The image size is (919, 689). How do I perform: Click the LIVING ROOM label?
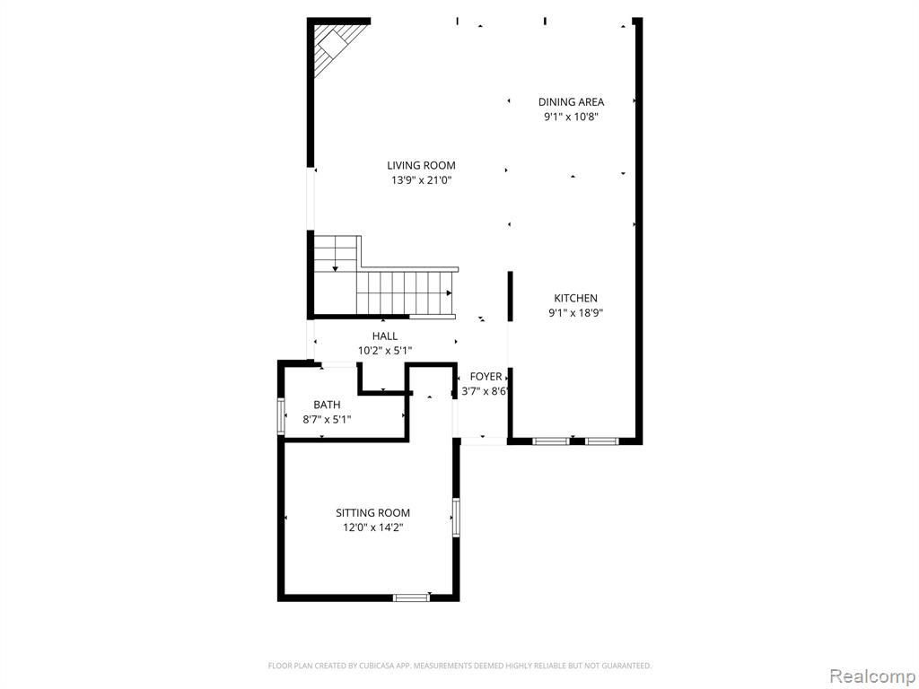pyautogui.click(x=421, y=166)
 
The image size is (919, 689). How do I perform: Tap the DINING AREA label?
pyautogui.click(x=571, y=102)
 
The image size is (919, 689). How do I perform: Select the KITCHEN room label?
pyautogui.click(x=575, y=298)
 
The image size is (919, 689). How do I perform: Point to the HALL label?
pyautogui.click(x=384, y=336)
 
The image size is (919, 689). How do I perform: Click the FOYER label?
pyautogui.click(x=486, y=377)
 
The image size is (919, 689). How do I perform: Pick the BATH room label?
pyautogui.click(x=327, y=405)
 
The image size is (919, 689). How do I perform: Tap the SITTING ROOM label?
pyautogui.click(x=372, y=513)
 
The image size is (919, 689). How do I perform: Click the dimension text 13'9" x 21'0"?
pyautogui.click(x=422, y=180)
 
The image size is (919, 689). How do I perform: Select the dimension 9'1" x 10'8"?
pyautogui.click(x=571, y=117)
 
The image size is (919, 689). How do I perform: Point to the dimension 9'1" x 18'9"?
pyautogui.click(x=575, y=313)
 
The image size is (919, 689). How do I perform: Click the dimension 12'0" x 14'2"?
pyautogui.click(x=373, y=528)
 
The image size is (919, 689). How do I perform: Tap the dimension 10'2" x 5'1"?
pyautogui.click(x=385, y=351)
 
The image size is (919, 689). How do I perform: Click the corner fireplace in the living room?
pyautogui.click(x=336, y=46)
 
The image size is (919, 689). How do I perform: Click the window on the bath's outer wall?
pyautogui.click(x=281, y=416)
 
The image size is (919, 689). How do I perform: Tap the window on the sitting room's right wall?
pyautogui.click(x=456, y=518)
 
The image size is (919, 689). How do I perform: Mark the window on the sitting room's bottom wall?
pyautogui.click(x=411, y=597)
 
